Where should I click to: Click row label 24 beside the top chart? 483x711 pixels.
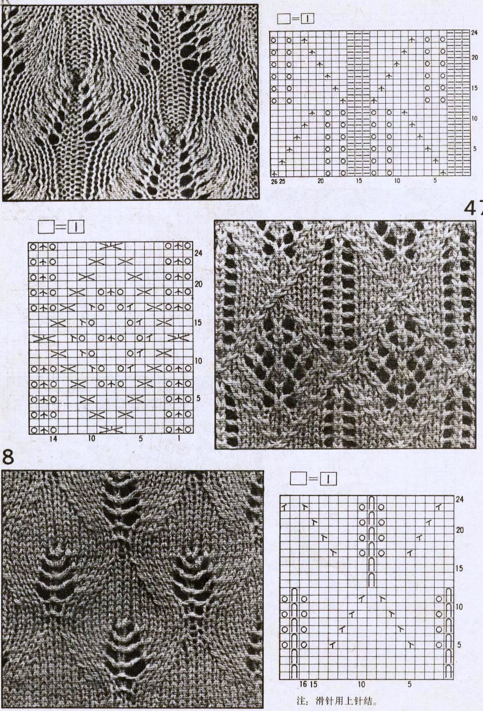(x=474, y=33)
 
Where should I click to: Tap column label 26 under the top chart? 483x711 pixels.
(x=275, y=181)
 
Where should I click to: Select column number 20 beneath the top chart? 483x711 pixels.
(x=321, y=181)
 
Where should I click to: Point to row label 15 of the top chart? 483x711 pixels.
(x=474, y=88)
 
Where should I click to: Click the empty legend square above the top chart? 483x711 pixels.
(x=283, y=19)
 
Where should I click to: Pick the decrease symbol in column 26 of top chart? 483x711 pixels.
(x=274, y=174)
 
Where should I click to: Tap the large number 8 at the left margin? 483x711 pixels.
(x=8, y=457)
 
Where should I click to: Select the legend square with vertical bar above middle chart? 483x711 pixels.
(x=75, y=227)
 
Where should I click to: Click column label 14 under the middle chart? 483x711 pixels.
(x=53, y=439)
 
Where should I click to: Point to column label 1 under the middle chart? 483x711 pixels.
(x=179, y=439)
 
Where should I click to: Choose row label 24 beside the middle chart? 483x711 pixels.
(x=198, y=253)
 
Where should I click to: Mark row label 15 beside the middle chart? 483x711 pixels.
(x=198, y=322)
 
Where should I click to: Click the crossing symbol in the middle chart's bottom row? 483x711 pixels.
(x=111, y=430)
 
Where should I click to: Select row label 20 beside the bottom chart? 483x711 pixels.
(x=460, y=530)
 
